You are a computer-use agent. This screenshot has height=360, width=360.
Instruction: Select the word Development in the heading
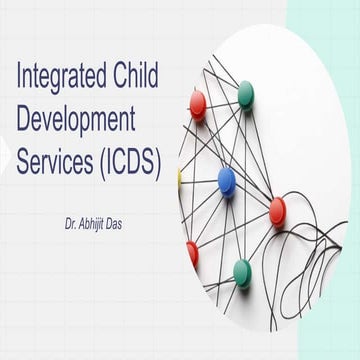click(x=76, y=121)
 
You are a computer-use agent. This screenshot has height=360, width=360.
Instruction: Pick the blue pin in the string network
click(x=226, y=181)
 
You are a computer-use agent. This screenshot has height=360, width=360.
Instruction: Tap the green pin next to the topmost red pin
click(x=245, y=93)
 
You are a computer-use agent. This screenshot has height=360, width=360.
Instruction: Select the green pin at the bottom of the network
click(x=241, y=271)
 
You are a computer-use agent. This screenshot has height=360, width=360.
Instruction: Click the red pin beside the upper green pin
click(x=198, y=102)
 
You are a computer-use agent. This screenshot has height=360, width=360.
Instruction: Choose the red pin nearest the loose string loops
click(x=277, y=209)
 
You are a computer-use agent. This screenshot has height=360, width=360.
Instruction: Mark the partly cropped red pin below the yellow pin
click(x=192, y=254)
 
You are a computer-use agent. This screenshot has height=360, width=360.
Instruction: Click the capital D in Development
click(x=24, y=121)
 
